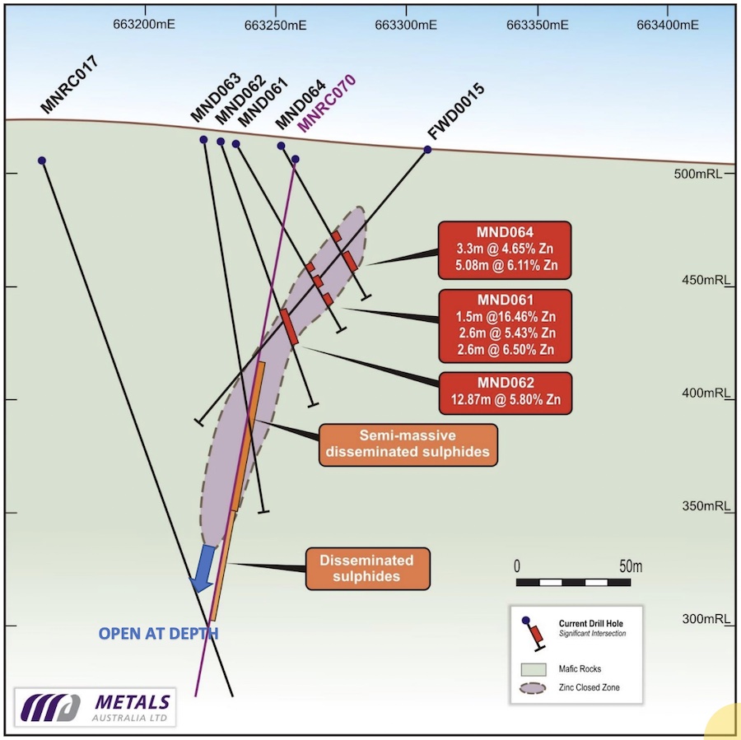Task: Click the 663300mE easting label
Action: coord(406,25)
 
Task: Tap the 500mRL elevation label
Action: coord(698,174)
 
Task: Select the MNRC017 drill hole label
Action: coord(70,84)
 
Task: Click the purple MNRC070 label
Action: coord(327,103)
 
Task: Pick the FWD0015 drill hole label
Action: coord(456,111)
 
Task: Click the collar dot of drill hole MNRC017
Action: coord(42,161)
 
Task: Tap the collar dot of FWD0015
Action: coord(427,150)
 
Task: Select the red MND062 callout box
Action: coord(506,393)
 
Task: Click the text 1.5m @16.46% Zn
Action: coord(506,317)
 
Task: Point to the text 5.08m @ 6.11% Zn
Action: coord(506,265)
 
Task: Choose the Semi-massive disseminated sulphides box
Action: coord(408,444)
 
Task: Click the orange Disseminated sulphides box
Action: coord(367,569)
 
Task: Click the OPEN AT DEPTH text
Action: coord(158,633)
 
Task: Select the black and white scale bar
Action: coord(573,583)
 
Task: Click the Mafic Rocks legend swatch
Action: coord(534,669)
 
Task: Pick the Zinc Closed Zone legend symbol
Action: coord(533,688)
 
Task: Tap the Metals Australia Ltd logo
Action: coord(95,707)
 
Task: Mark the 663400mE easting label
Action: coord(667,25)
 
